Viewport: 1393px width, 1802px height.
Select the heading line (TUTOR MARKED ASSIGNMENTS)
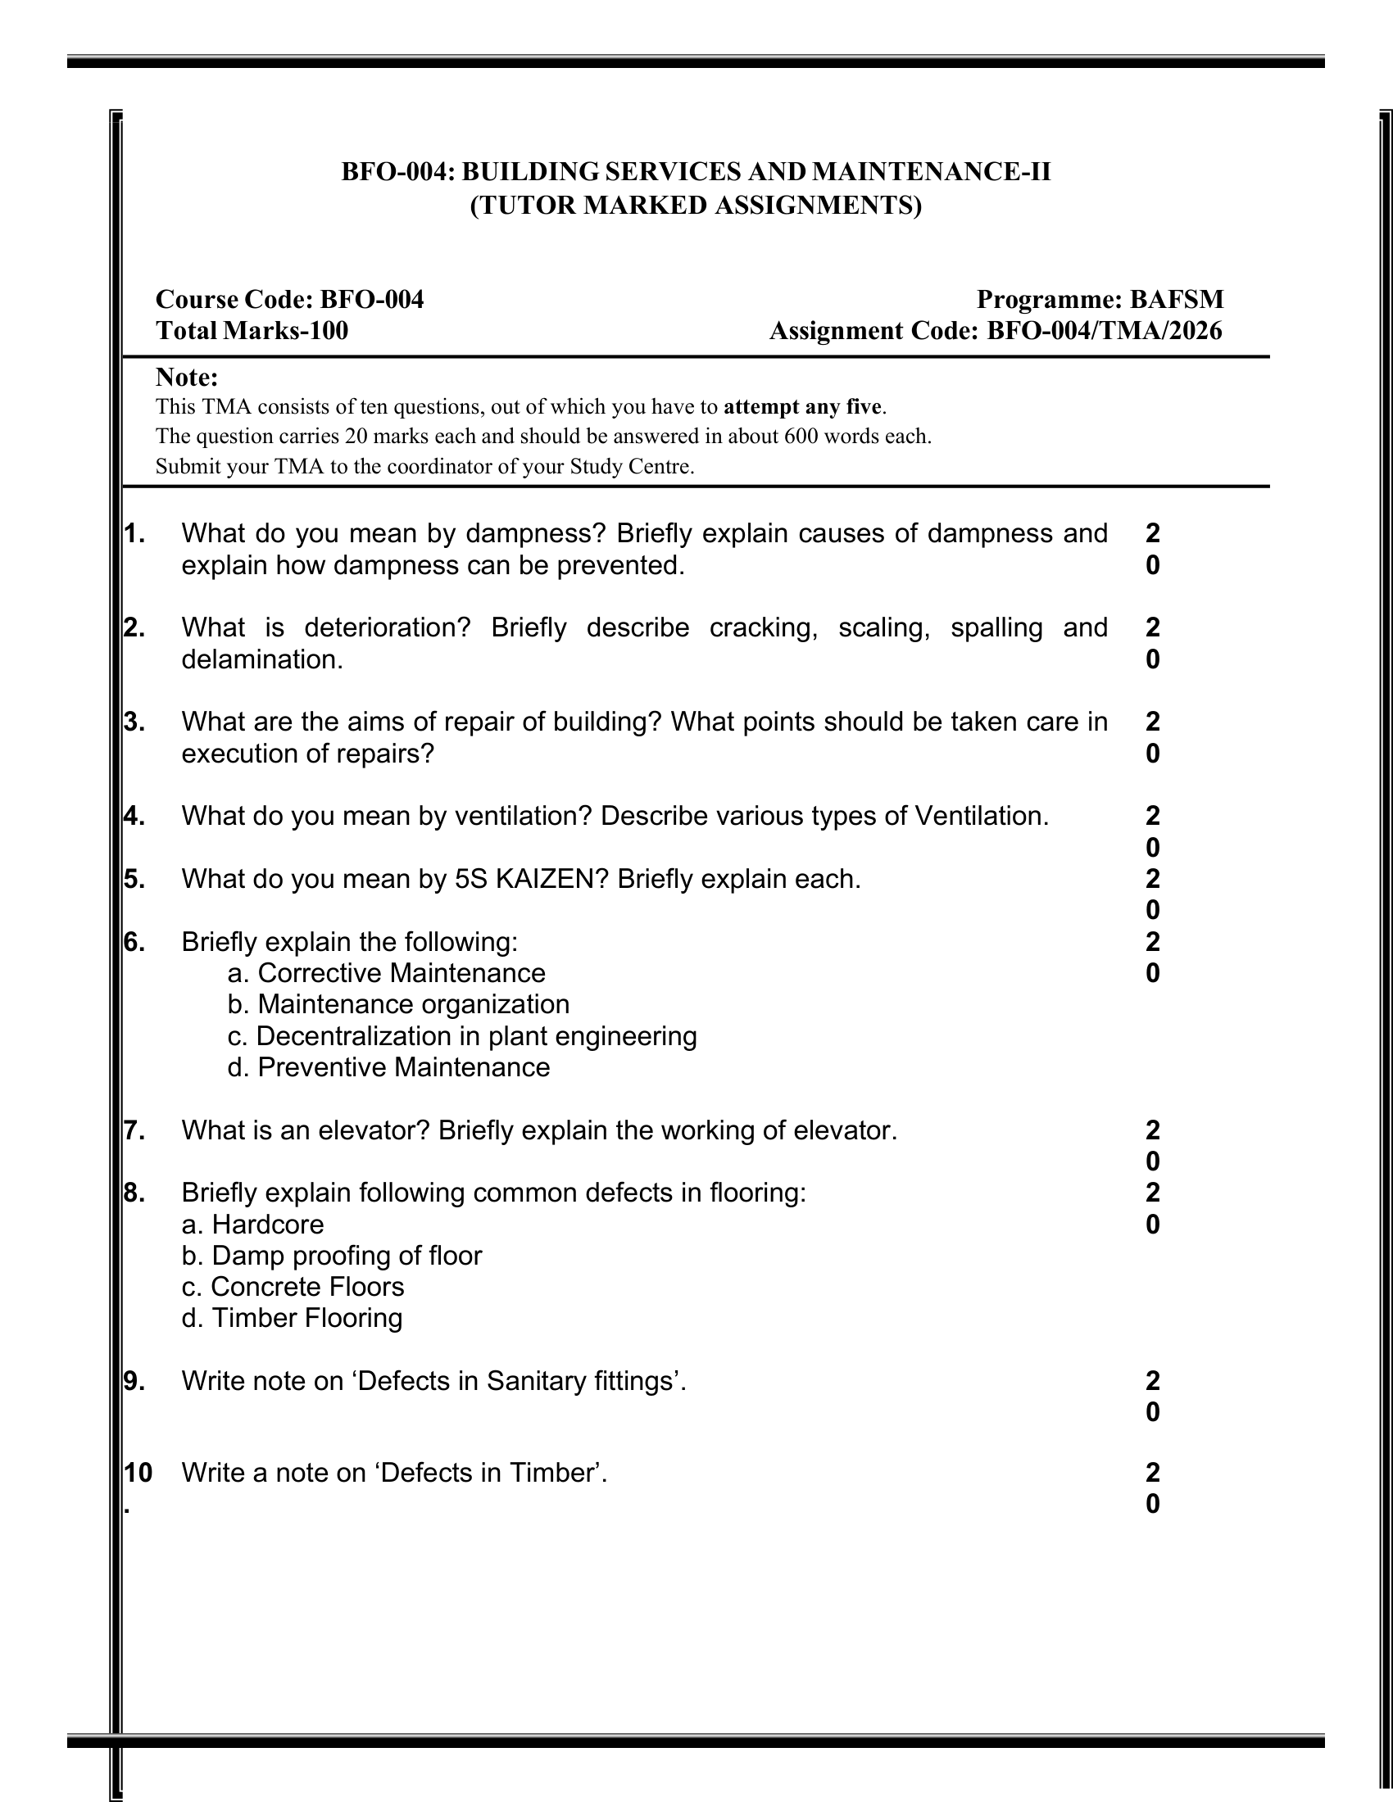tap(696, 205)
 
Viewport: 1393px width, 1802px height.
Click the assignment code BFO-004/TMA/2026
tap(1105, 331)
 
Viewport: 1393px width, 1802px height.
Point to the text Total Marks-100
tap(252, 331)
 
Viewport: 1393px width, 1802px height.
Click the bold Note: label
tap(187, 377)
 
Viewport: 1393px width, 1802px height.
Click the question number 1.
tap(134, 534)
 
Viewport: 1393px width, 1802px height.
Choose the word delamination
tap(261, 659)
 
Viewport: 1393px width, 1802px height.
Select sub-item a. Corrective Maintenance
tap(386, 973)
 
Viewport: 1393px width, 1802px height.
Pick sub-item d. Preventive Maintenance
tap(388, 1066)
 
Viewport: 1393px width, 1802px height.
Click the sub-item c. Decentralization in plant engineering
tap(462, 1035)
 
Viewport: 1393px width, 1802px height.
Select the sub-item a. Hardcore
tap(252, 1224)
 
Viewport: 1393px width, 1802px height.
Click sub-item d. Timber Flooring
tap(293, 1318)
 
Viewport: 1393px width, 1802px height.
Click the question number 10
tap(138, 1473)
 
